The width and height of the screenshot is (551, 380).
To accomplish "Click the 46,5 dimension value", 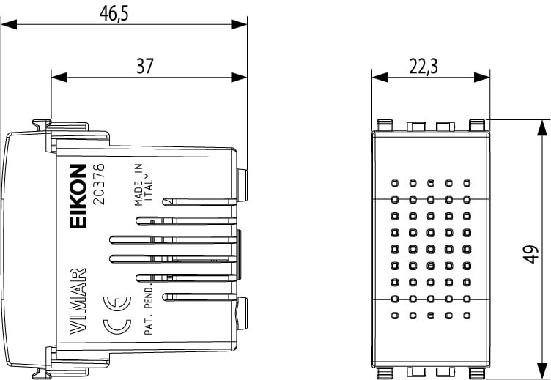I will pyautogui.click(x=113, y=13).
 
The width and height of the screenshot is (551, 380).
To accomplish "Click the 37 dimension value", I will pyautogui.click(x=145, y=66).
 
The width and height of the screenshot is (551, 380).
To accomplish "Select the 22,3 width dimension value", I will pyautogui.click(x=424, y=67).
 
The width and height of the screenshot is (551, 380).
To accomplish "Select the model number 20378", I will pyautogui.click(x=102, y=185).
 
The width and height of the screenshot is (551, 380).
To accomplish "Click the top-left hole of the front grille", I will pyautogui.click(x=395, y=183).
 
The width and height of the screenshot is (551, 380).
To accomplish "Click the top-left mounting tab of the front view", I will pyautogui.click(x=382, y=125).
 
